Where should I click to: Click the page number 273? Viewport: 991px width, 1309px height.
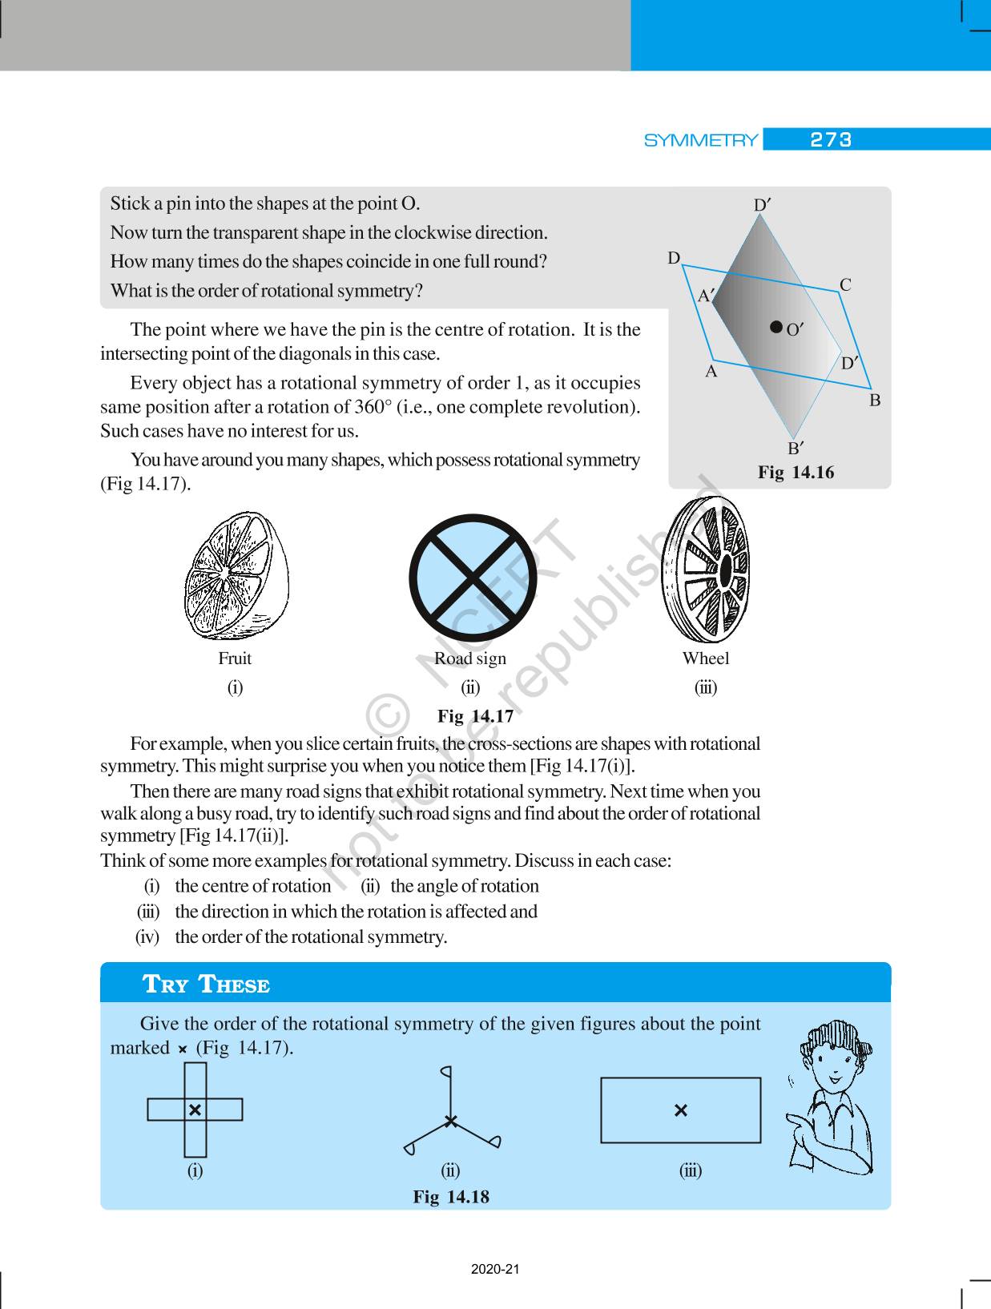pyautogui.click(x=831, y=140)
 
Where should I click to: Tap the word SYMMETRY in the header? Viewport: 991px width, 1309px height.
pyautogui.click(x=701, y=141)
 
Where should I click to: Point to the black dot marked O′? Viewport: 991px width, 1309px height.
pyautogui.click(x=775, y=327)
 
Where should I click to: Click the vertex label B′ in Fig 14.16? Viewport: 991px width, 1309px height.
pyautogui.click(x=796, y=448)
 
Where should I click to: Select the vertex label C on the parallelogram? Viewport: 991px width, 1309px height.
pyautogui.click(x=845, y=285)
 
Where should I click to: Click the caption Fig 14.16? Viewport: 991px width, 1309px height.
pyautogui.click(x=796, y=473)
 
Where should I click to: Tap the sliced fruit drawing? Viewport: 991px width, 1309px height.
pyautogui.click(x=236, y=576)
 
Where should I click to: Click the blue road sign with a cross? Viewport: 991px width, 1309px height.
pyautogui.click(x=472, y=578)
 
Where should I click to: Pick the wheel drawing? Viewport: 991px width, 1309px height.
pyautogui.click(x=706, y=570)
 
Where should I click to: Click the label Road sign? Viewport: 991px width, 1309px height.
pyautogui.click(x=470, y=659)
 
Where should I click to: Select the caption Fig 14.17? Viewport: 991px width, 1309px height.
pyautogui.click(x=475, y=716)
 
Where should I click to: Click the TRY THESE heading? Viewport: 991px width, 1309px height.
pyautogui.click(x=206, y=985)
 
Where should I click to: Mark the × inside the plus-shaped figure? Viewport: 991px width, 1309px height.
pyautogui.click(x=195, y=1110)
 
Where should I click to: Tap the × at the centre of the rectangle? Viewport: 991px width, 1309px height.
pyautogui.click(x=681, y=1110)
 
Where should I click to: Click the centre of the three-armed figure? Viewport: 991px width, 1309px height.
pyautogui.click(x=451, y=1122)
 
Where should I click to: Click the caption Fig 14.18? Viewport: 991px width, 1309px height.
pyautogui.click(x=451, y=1197)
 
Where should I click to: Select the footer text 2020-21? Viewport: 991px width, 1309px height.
pyautogui.click(x=495, y=1270)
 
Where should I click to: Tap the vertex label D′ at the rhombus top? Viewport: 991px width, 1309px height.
pyautogui.click(x=762, y=206)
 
